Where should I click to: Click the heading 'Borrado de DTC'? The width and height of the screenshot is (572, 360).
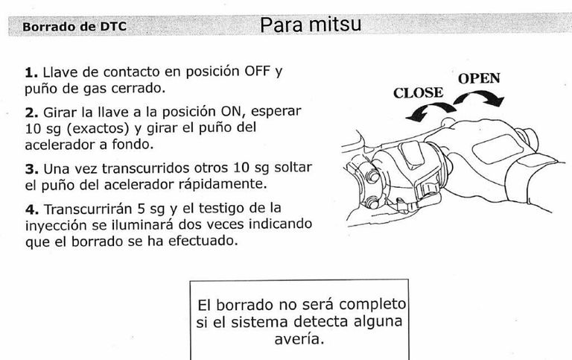[74, 27]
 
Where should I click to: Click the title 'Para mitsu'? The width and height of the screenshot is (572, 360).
[311, 25]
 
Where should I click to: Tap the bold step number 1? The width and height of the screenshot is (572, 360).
[31, 73]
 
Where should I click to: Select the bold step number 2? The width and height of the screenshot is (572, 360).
[31, 112]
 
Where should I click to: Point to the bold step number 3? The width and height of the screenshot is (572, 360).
[31, 169]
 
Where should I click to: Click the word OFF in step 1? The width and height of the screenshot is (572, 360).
[257, 72]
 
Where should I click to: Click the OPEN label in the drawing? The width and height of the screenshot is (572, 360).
[478, 78]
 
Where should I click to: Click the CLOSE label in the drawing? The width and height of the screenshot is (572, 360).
[418, 93]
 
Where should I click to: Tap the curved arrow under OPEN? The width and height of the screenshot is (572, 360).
[481, 98]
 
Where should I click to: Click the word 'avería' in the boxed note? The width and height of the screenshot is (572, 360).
[299, 339]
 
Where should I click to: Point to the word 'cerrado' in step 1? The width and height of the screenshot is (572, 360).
[140, 89]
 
